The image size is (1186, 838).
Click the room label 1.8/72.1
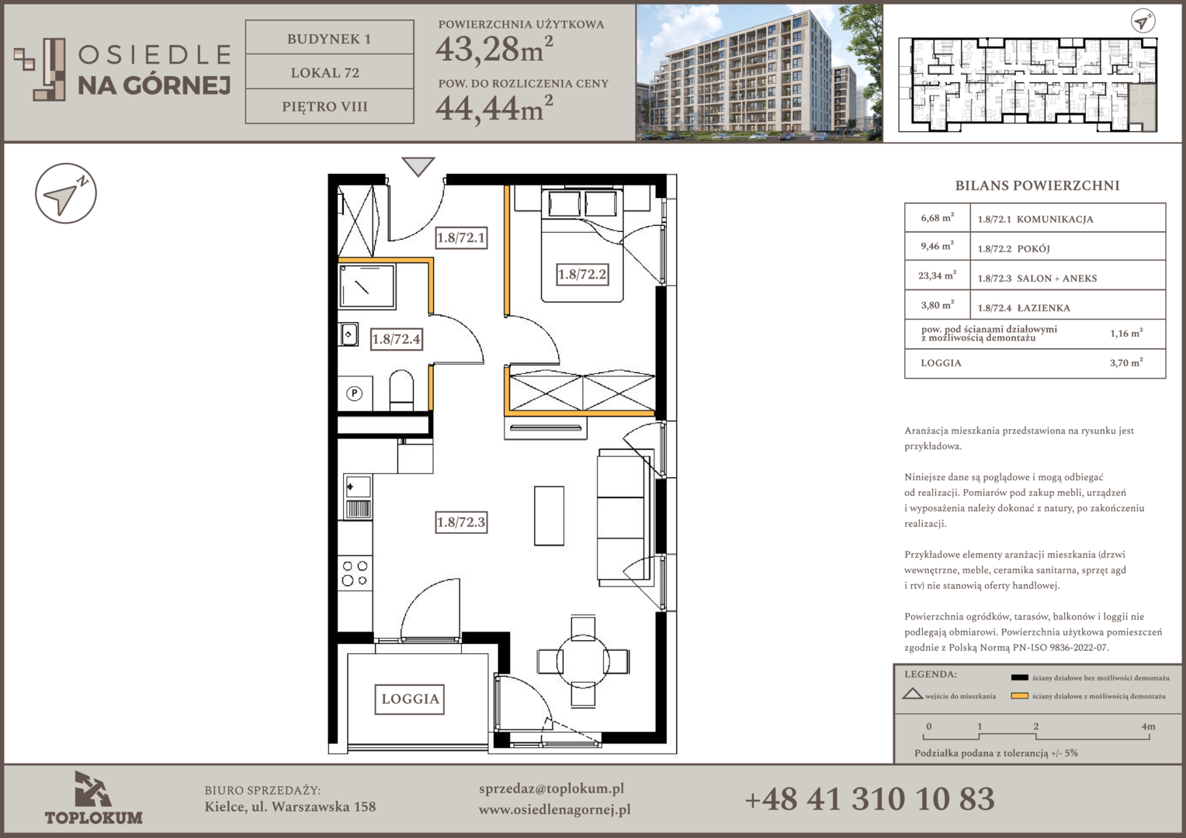point(461,237)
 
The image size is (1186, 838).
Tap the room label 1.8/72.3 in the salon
point(461,522)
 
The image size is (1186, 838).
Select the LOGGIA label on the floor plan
point(410,699)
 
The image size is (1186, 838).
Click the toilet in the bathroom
point(401,390)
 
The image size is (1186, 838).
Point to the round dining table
point(583,661)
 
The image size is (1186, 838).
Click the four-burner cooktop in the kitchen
point(355,573)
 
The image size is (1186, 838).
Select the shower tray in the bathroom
point(367,286)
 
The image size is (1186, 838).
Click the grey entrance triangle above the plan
point(418,166)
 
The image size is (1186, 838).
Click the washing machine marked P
point(355,393)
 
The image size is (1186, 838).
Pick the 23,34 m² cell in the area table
point(937,275)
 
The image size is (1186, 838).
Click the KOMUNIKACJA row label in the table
point(1055,219)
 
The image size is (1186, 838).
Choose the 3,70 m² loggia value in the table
point(1126,362)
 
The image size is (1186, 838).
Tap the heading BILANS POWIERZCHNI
point(1037,185)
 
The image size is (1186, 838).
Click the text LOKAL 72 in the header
point(325,72)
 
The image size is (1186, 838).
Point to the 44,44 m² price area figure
point(494,109)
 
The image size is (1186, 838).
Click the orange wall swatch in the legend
point(1019,696)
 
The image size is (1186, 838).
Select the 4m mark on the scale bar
point(1148,727)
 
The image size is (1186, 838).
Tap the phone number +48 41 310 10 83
point(869,799)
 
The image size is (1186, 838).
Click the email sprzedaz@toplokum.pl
point(551,789)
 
